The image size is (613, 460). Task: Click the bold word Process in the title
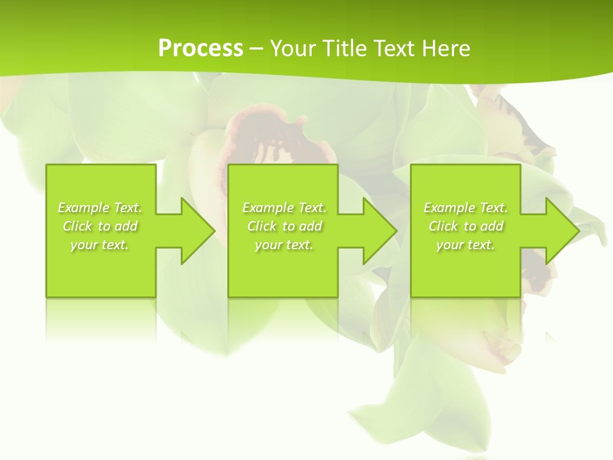click(201, 49)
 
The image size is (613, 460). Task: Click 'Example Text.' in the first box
click(100, 208)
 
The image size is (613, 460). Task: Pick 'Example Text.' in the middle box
click(284, 208)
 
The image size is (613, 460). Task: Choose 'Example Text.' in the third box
click(465, 208)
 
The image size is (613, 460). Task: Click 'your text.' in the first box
click(100, 245)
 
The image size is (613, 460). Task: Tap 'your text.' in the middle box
click(284, 245)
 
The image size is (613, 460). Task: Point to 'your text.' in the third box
click(465, 245)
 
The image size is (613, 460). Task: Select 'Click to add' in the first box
click(100, 226)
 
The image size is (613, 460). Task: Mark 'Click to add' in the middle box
click(284, 226)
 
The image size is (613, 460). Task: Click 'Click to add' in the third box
click(465, 226)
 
